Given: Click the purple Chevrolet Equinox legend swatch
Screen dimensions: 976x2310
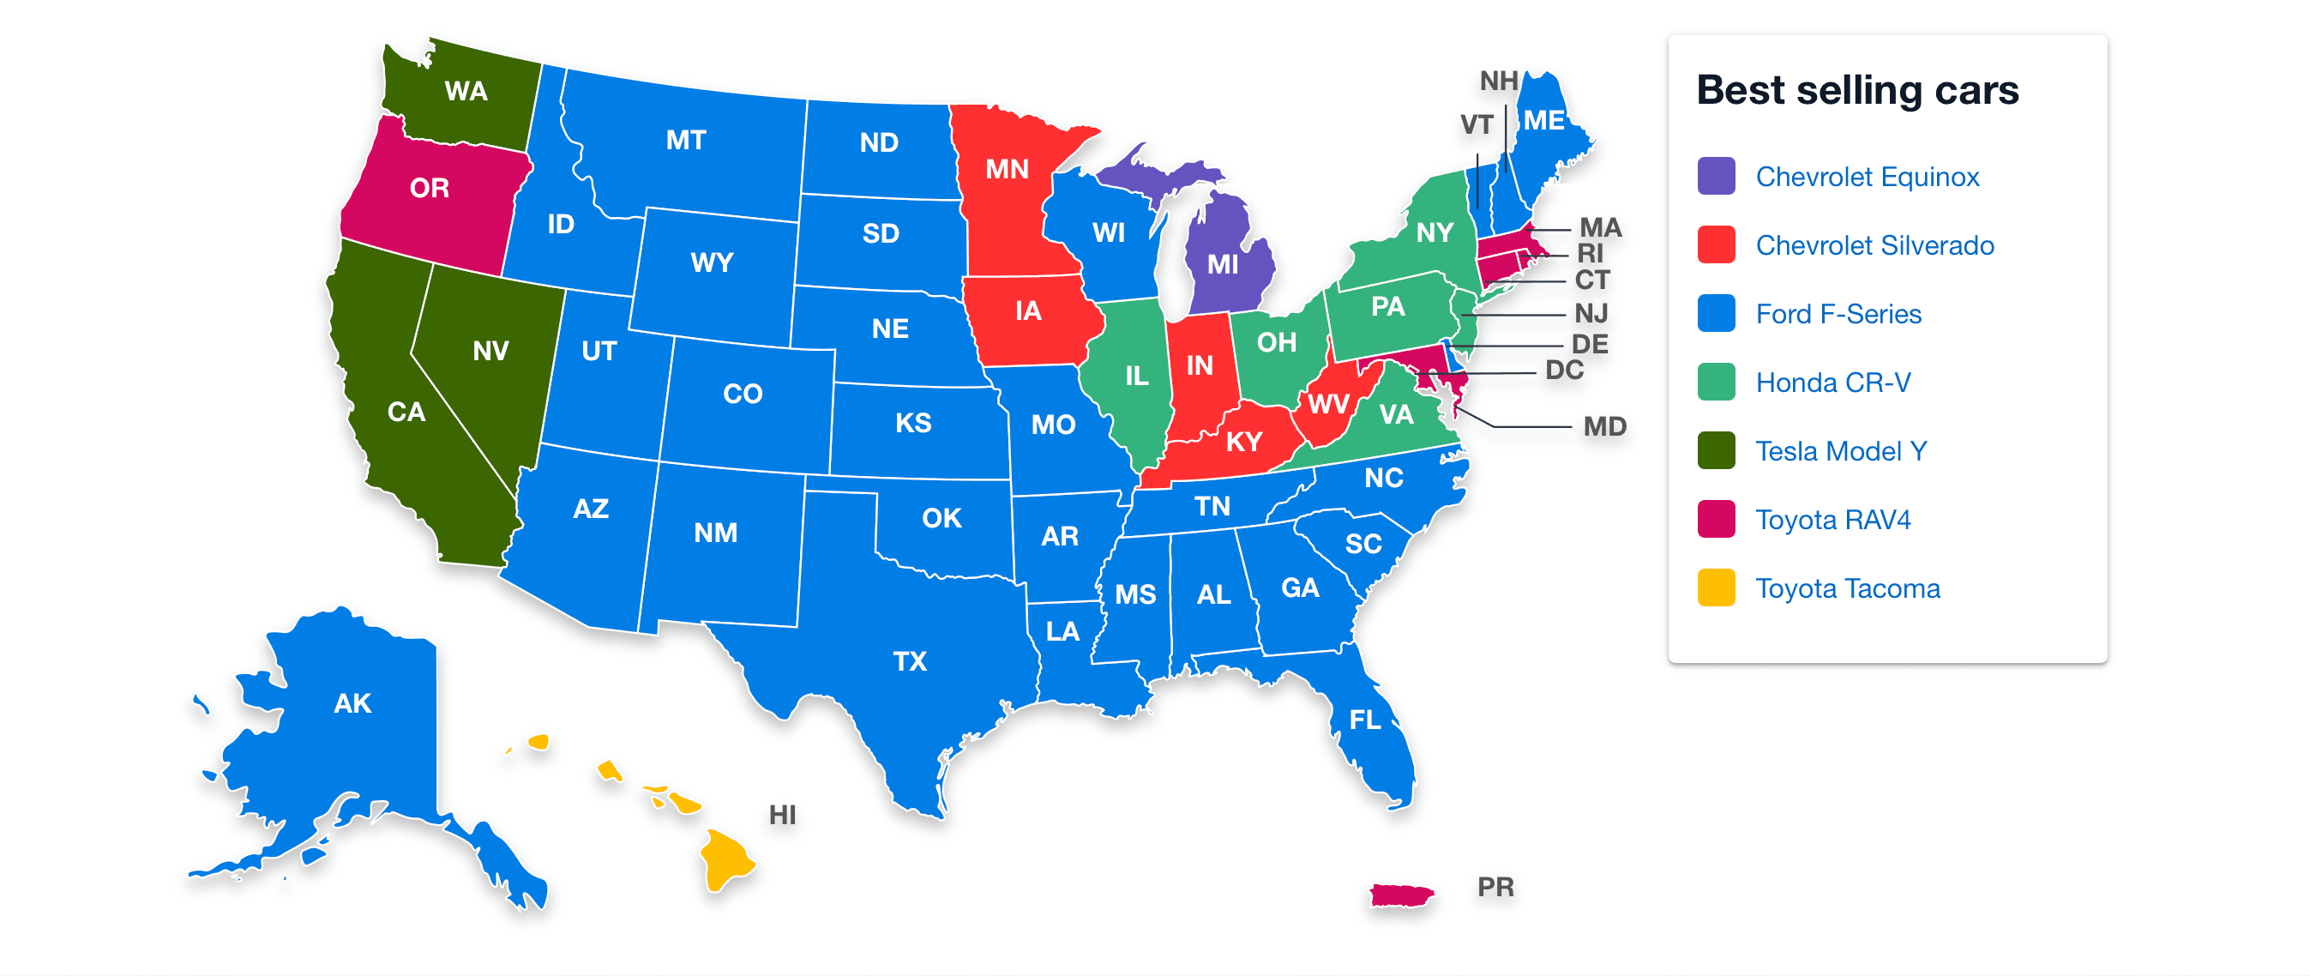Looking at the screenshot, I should [x=1716, y=176].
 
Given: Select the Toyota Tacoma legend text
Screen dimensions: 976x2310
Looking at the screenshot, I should [x=1847, y=588].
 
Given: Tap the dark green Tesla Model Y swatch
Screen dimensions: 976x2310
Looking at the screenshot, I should [x=1716, y=450].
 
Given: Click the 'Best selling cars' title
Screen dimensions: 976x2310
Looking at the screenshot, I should [x=1856, y=90].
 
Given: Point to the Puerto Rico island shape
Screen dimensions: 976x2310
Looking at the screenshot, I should [x=1401, y=895].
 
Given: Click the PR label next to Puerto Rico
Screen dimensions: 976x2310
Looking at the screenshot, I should [x=1495, y=887].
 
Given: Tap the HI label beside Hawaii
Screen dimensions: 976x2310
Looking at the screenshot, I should [x=782, y=815].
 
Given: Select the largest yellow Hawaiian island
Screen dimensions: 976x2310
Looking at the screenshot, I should [x=725, y=859].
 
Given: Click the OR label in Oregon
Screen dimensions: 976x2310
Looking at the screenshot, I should [x=430, y=189].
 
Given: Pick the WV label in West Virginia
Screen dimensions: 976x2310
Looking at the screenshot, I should [x=1327, y=405].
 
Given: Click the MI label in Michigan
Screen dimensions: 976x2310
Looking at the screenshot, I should [x=1222, y=265].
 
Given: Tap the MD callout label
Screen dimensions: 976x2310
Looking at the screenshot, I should [x=1604, y=426].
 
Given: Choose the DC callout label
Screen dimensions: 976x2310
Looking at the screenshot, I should [x=1564, y=371].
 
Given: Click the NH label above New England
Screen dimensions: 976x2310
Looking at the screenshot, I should [x=1499, y=81].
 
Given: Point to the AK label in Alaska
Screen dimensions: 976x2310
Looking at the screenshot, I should [x=352, y=703].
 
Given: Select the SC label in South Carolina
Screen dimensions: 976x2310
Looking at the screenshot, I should [x=1363, y=544].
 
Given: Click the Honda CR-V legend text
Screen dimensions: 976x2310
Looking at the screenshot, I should [x=1832, y=383].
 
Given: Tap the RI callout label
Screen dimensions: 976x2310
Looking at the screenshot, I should [x=1590, y=253].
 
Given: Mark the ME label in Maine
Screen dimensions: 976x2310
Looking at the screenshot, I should [x=1543, y=120].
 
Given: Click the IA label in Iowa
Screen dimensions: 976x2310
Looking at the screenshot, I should [x=1027, y=310].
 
